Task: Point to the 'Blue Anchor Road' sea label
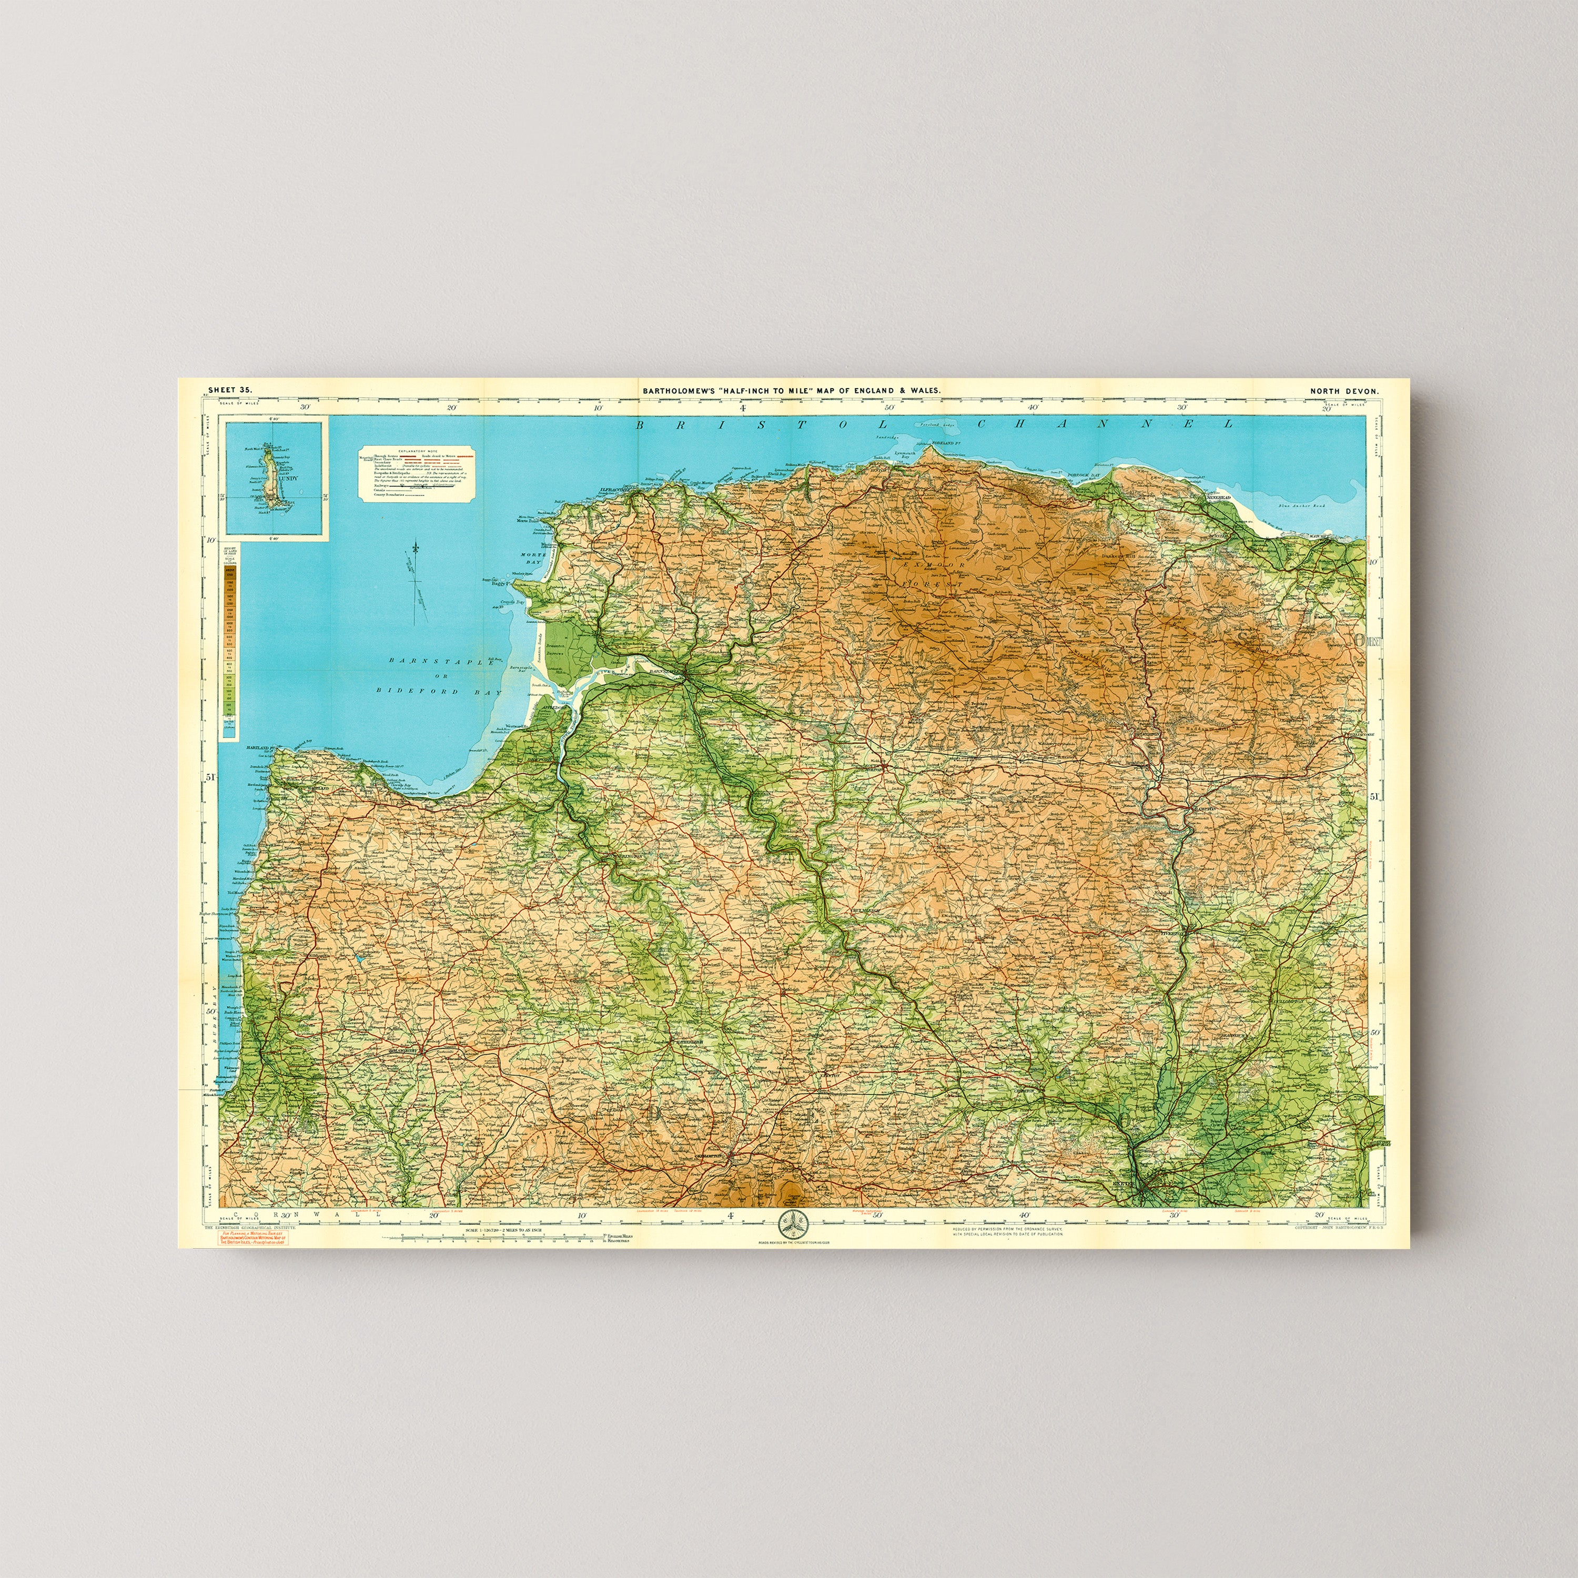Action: [x=1299, y=507]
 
